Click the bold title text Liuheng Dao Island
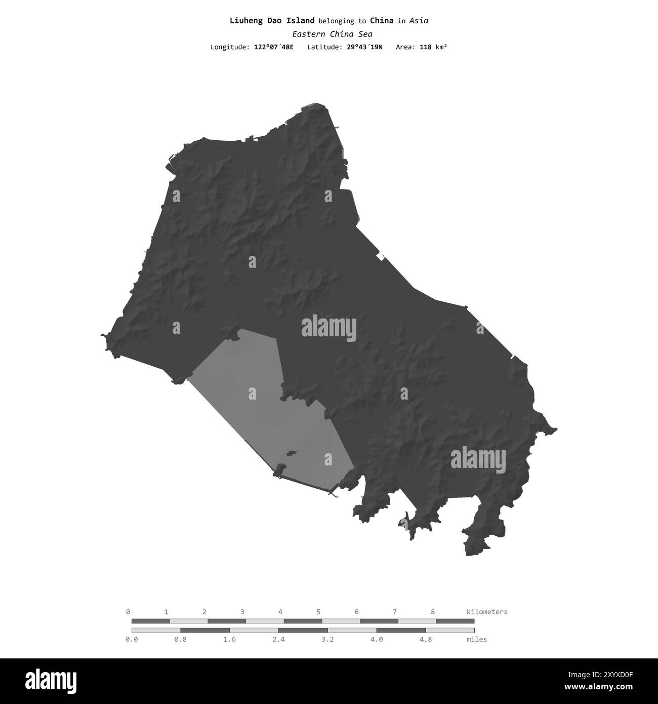pyautogui.click(x=272, y=21)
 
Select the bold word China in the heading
pyautogui.click(x=382, y=21)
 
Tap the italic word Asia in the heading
pyautogui.click(x=419, y=21)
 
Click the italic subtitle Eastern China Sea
pyautogui.click(x=332, y=34)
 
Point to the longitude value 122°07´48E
pyautogui.click(x=273, y=47)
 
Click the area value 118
pyautogui.click(x=426, y=47)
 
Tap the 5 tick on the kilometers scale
pyautogui.click(x=319, y=612)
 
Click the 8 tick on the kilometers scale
pyautogui.click(x=433, y=612)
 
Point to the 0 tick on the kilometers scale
pyautogui.click(x=128, y=612)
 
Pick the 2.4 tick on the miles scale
pyautogui.click(x=278, y=639)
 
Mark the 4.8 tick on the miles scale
pyautogui.click(x=426, y=639)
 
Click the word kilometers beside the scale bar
pyautogui.click(x=486, y=612)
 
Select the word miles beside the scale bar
pyautogui.click(x=477, y=639)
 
